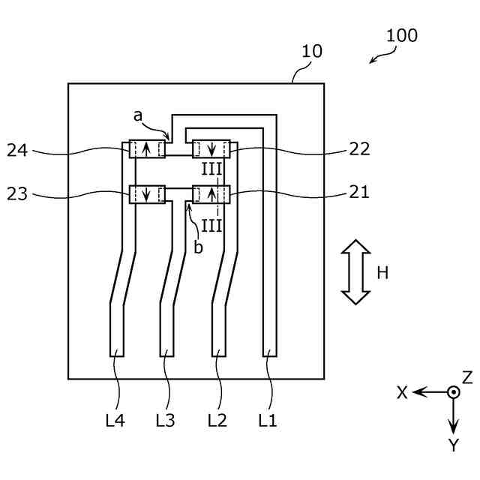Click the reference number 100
402,35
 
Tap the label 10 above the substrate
312,51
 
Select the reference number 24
17,150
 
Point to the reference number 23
17,194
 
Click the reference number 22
359,149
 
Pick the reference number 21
359,193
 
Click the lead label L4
115,420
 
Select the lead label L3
165,420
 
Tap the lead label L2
217,420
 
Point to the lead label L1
268,420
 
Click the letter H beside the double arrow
382,273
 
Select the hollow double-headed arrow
355,271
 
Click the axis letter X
402,392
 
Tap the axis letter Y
454,445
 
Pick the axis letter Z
467,377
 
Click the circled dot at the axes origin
453,392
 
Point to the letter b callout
198,247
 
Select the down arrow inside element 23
146,194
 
